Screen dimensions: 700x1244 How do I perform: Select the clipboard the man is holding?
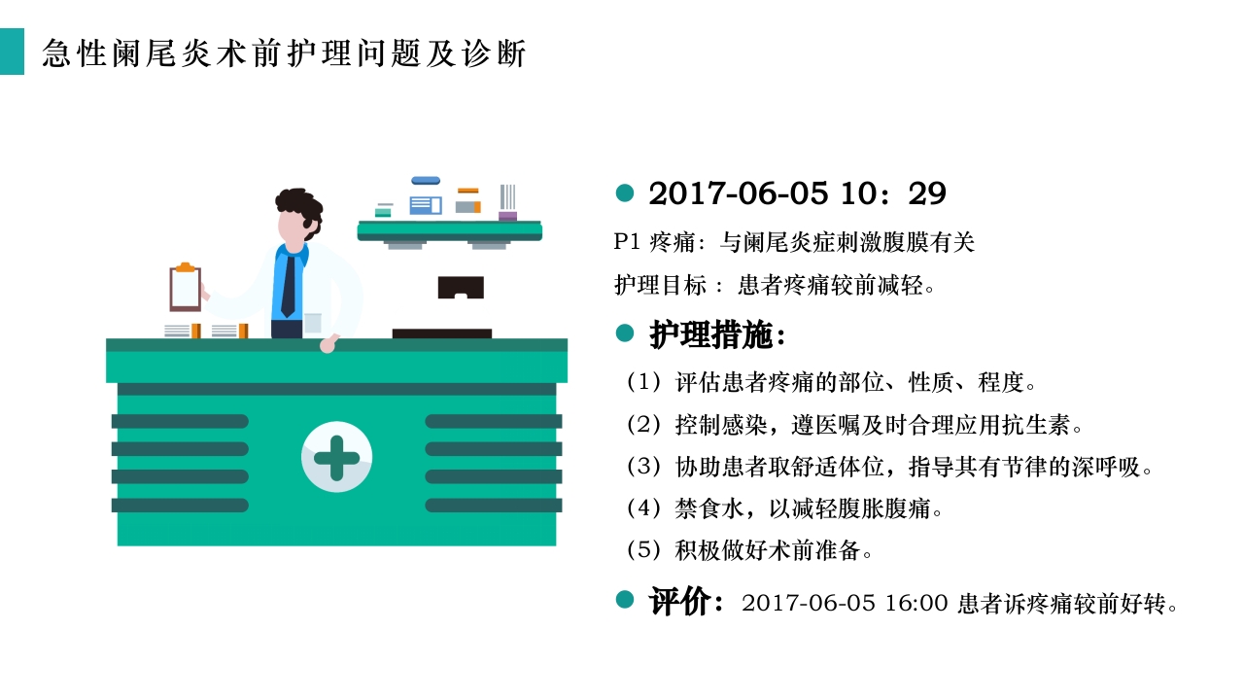click(185, 287)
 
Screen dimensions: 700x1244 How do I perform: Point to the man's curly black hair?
click(299, 204)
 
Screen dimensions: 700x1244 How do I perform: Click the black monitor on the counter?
click(460, 288)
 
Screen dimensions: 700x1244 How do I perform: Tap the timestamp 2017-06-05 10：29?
click(797, 193)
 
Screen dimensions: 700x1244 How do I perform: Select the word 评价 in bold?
click(681, 602)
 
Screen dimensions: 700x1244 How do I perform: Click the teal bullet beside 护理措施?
click(625, 333)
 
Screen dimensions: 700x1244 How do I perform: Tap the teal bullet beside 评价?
click(625, 599)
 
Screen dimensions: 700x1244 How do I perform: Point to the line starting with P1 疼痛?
click(794, 243)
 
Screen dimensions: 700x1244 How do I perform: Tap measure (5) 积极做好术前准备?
click(749, 550)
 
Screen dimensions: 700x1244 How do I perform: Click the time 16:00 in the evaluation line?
click(916, 603)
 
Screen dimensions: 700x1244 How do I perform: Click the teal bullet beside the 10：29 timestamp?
click(625, 192)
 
